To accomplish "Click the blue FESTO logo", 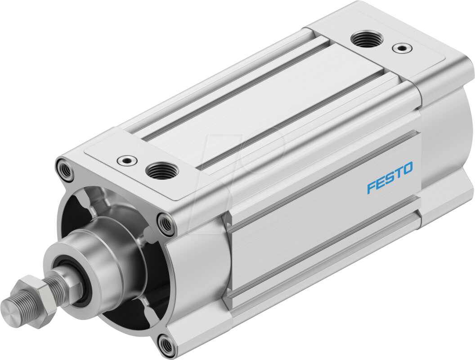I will coord(390,178).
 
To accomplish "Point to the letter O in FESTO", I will coord(407,169).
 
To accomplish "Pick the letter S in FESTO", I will coord(389,178).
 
